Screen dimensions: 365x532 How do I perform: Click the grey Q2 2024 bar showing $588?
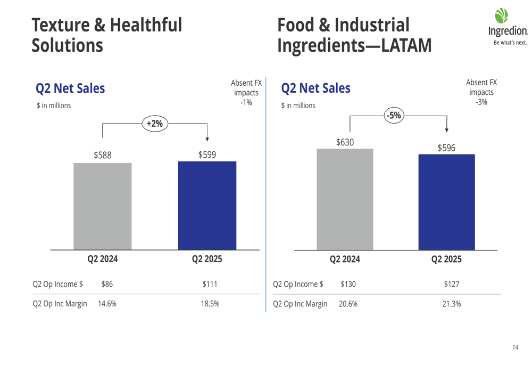103,206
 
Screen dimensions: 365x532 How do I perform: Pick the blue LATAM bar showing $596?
446,202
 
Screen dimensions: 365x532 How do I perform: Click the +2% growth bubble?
154,124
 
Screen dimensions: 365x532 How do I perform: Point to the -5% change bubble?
394,115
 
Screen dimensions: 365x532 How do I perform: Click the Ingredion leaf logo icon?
502,15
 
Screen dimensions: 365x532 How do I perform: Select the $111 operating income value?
210,285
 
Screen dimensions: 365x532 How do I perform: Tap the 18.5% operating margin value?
210,304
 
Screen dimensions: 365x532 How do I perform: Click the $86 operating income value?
107,285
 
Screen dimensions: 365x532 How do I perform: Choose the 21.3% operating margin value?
451,304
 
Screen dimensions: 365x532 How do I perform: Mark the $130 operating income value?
348,285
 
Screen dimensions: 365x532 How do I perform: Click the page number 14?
515,347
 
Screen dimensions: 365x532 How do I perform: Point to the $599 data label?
207,155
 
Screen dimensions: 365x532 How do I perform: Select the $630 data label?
345,142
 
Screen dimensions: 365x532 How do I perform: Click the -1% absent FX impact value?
246,102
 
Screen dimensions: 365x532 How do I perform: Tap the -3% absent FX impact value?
481,102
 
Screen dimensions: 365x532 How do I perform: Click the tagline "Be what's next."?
510,43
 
